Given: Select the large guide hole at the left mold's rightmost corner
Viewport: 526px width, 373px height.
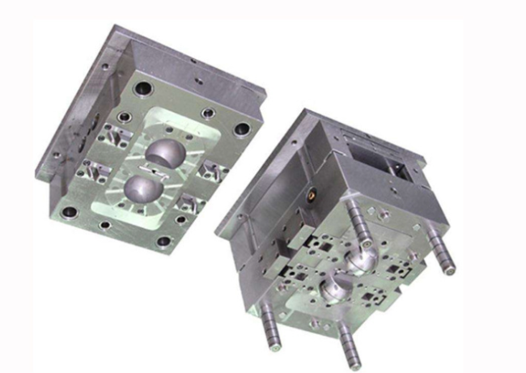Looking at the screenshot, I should click(241, 129).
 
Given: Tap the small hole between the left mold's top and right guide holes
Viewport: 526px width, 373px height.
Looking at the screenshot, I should click(209, 112).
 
